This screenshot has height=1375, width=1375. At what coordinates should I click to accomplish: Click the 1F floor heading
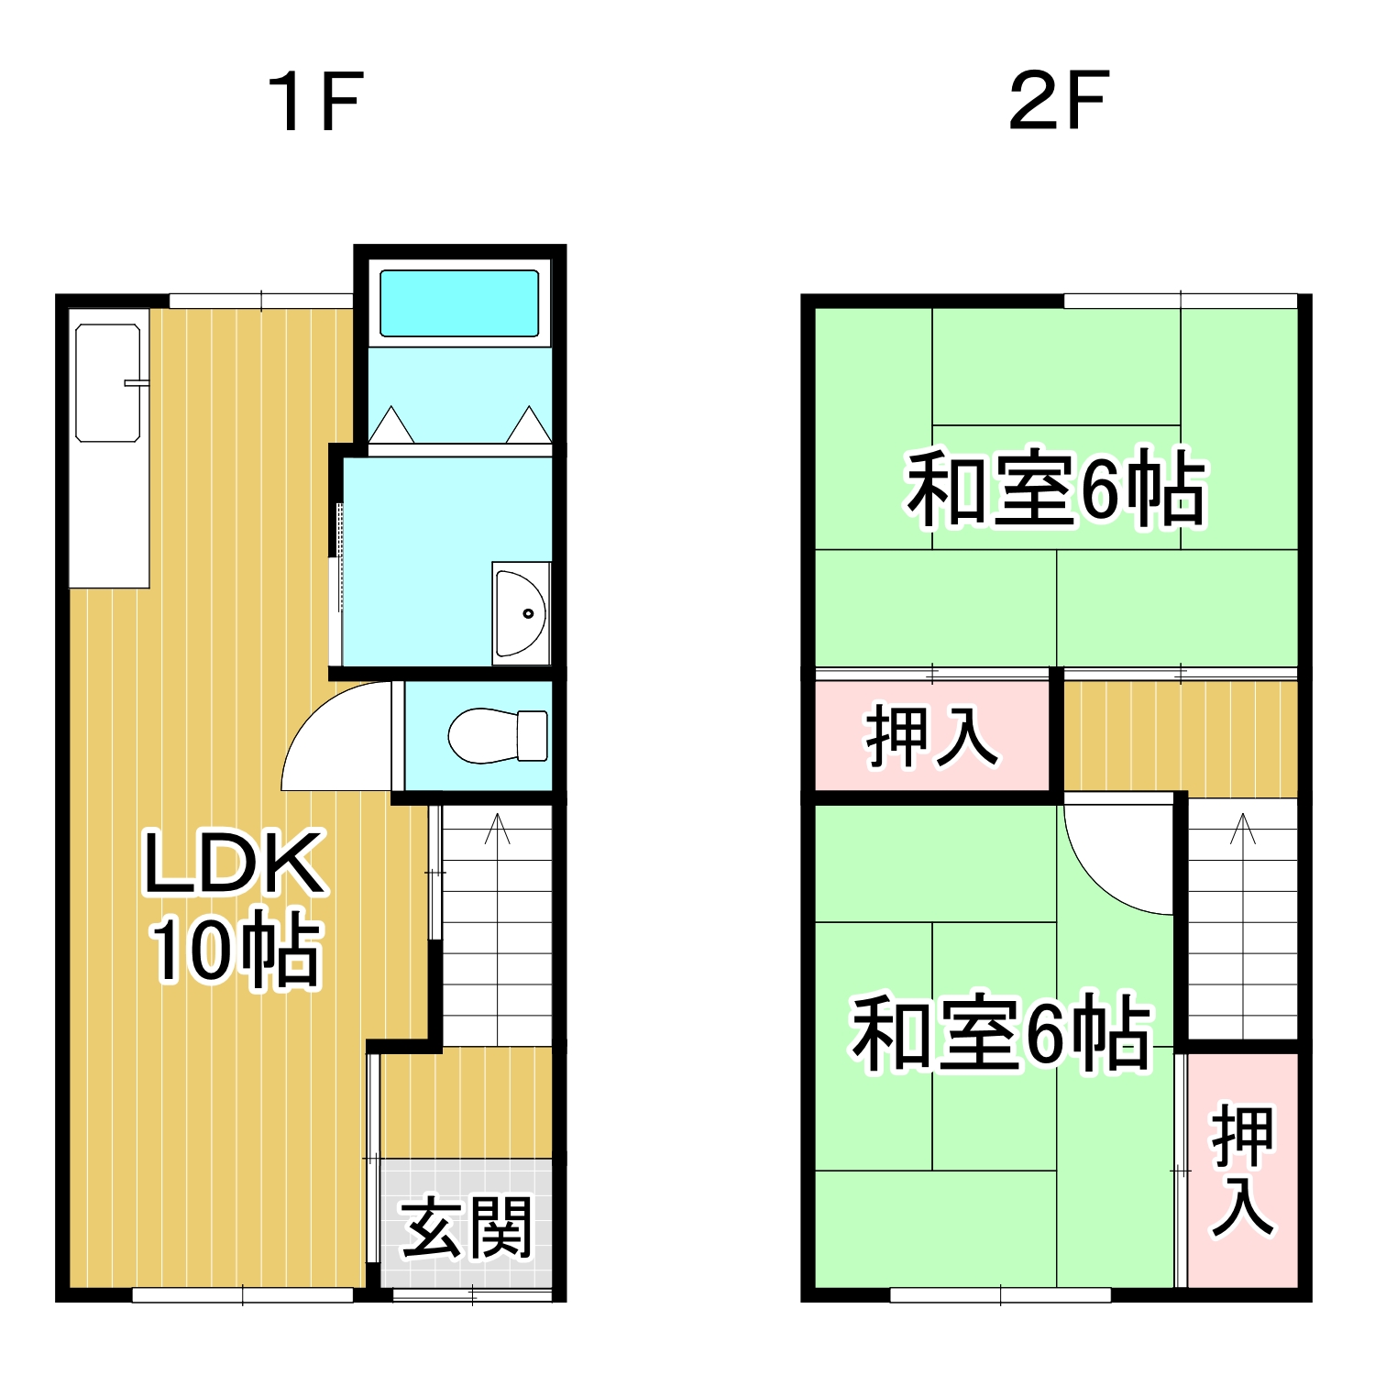pyautogui.click(x=316, y=102)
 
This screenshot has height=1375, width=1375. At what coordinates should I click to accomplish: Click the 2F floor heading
pyautogui.click(x=1059, y=100)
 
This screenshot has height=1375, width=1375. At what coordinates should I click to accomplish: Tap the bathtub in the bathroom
pyautogui.click(x=459, y=303)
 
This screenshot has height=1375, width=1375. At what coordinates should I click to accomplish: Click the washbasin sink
pyautogui.click(x=521, y=613)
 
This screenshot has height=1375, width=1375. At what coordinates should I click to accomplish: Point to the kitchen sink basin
pyautogui.click(x=108, y=381)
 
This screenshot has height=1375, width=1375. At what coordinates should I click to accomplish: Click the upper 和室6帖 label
pyautogui.click(x=1056, y=489)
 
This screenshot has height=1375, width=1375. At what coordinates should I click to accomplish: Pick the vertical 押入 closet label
pyautogui.click(x=1243, y=1171)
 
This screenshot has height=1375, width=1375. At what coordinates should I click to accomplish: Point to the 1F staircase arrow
pyautogui.click(x=498, y=929)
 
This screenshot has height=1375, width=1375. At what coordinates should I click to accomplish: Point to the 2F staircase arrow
pyautogui.click(x=1243, y=926)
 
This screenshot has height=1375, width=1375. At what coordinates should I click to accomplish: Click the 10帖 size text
pyautogui.click(x=236, y=950)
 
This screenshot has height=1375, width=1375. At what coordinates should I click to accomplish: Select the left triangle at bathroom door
pyautogui.click(x=391, y=424)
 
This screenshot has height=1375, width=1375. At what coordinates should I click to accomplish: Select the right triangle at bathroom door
pyautogui.click(x=529, y=424)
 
